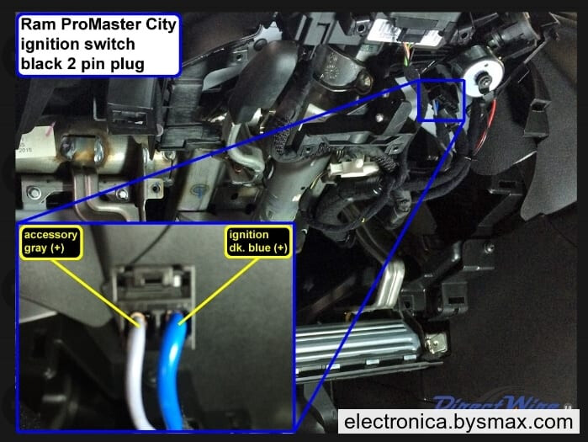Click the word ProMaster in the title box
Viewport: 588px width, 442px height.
click(100, 24)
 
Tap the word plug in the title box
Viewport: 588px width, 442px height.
click(128, 64)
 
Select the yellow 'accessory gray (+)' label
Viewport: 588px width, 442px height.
click(51, 242)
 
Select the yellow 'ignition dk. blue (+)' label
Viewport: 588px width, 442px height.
click(258, 242)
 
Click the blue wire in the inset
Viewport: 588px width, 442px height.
click(172, 371)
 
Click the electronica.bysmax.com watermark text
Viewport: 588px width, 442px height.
click(458, 422)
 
